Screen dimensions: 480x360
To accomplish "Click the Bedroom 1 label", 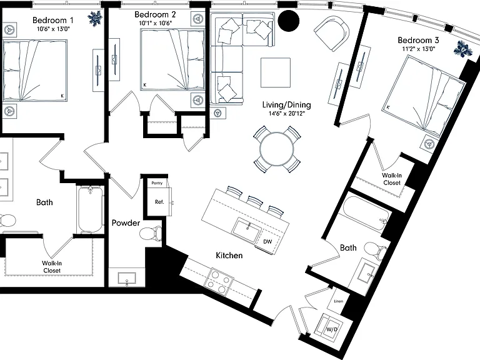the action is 52,20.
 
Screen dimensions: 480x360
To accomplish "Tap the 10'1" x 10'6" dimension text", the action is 156,23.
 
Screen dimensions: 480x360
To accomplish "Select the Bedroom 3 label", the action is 418,40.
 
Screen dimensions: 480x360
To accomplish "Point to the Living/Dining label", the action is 286,105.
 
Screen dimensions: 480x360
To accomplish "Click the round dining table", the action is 276,149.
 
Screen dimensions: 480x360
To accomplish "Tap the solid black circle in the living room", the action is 288,21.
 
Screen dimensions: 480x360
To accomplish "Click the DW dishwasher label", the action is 267,241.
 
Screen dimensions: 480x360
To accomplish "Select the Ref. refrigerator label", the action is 159,202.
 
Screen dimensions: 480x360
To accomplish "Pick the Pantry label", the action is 157,183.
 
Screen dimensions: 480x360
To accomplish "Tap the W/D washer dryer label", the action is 331,329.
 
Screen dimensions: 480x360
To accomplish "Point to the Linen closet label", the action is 338,301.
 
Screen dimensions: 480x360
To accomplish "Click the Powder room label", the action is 126,223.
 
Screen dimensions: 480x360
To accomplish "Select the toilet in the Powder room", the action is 151,234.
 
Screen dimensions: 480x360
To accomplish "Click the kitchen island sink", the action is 247,229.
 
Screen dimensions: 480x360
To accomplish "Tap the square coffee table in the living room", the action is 276,72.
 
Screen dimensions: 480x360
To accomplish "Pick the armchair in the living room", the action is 332,34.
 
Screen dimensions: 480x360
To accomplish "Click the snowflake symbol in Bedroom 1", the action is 95,18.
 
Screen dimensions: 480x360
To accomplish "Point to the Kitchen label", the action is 229,255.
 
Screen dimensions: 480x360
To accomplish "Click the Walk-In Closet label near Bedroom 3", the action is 392,179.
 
